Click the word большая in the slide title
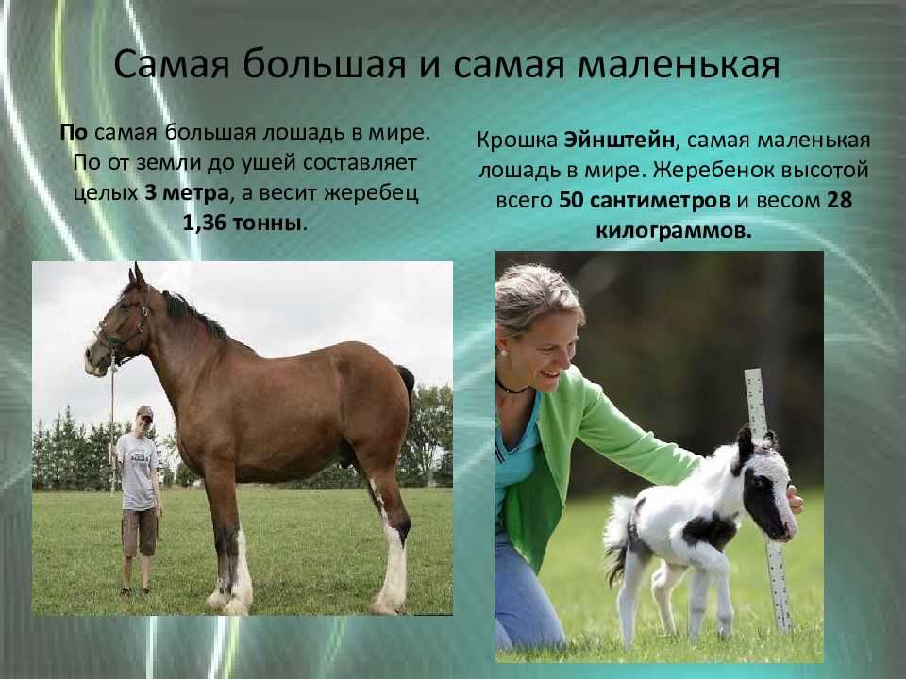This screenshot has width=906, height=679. (324, 65)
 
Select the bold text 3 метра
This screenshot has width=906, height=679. (186, 192)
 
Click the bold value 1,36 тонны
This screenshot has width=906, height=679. (243, 223)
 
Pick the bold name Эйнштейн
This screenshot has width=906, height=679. (618, 141)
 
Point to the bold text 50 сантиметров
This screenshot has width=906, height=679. (645, 200)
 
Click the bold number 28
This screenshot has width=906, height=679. (839, 200)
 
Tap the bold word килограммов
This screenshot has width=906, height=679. (674, 231)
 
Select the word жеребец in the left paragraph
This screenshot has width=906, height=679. (370, 192)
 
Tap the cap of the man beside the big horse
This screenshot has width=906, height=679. (145, 412)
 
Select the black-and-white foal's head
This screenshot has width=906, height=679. (763, 485)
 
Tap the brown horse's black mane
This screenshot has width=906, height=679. (196, 317)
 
